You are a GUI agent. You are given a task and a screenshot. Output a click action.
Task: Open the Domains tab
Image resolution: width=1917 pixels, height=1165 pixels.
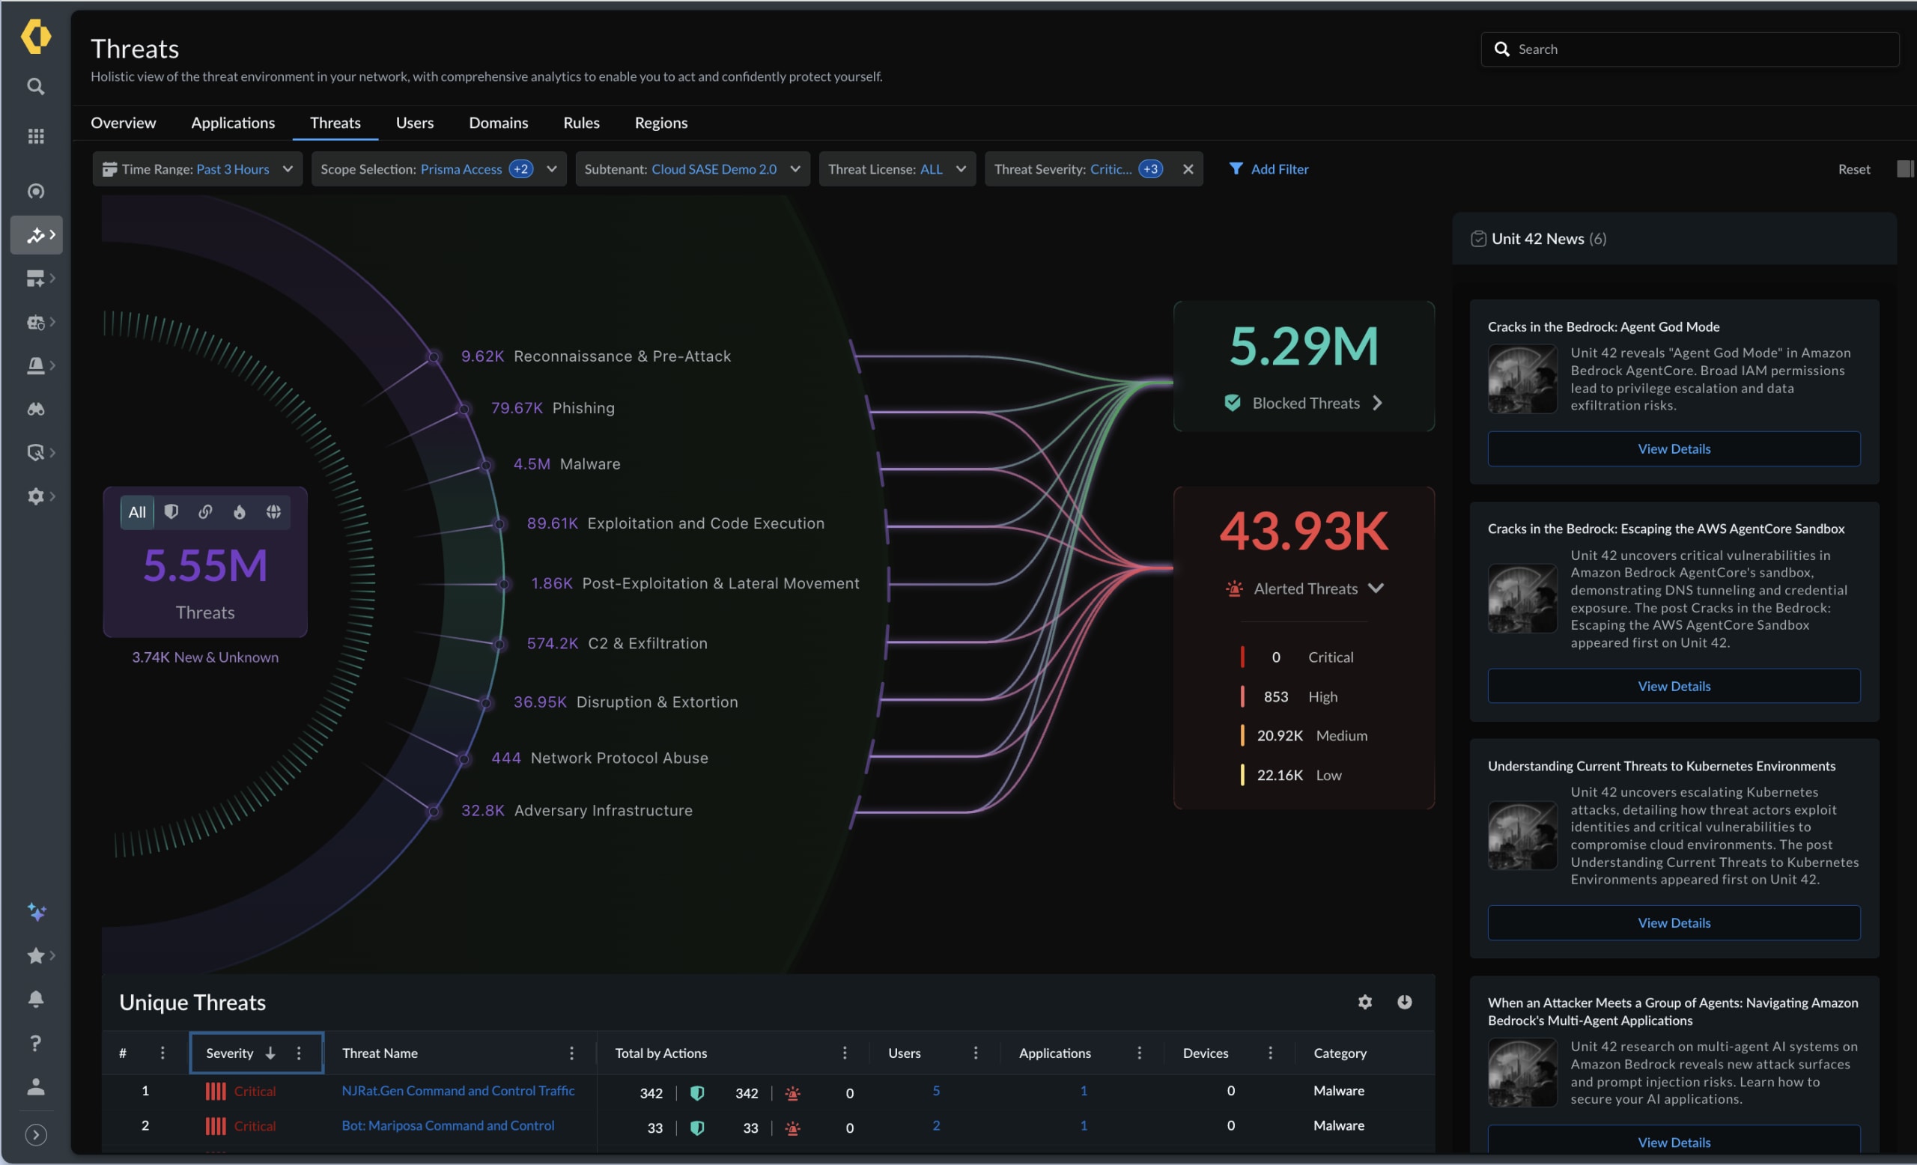click(498, 123)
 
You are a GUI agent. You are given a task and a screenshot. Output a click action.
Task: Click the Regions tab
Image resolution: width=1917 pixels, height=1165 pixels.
click(660, 123)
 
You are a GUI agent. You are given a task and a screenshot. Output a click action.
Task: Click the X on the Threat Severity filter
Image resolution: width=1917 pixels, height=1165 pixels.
click(1187, 168)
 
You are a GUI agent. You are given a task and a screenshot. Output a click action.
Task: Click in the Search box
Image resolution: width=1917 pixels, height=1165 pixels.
click(1696, 49)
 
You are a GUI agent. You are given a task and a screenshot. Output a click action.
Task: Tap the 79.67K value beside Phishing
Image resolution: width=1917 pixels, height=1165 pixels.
click(517, 407)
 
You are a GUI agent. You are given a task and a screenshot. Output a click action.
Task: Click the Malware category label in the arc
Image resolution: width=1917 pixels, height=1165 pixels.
click(590, 464)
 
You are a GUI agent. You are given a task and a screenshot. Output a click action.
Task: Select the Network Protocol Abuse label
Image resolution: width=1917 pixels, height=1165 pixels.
click(619, 758)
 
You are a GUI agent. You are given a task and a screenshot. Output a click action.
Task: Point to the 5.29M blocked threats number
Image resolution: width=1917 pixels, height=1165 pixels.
click(1303, 346)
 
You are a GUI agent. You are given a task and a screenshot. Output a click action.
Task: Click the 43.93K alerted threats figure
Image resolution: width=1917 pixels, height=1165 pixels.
click(1303, 531)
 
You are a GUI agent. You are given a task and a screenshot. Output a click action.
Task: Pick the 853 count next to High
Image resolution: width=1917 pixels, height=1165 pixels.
click(1275, 697)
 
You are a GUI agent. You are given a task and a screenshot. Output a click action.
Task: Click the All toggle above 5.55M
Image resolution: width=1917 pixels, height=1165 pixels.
click(137, 511)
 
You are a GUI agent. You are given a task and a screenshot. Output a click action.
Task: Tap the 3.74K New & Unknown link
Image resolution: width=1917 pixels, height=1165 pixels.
click(204, 657)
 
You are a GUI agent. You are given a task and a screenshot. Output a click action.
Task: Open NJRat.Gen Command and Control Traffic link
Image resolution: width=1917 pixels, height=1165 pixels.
click(458, 1090)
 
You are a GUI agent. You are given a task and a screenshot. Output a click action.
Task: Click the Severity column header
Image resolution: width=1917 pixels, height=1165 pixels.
click(229, 1053)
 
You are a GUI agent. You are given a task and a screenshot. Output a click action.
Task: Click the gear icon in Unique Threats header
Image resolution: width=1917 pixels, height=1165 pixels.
click(1364, 1002)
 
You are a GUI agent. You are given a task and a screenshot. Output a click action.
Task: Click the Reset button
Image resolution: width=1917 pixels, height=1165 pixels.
click(1853, 168)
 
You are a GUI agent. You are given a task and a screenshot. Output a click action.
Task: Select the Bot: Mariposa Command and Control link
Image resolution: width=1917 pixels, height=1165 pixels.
click(447, 1125)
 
